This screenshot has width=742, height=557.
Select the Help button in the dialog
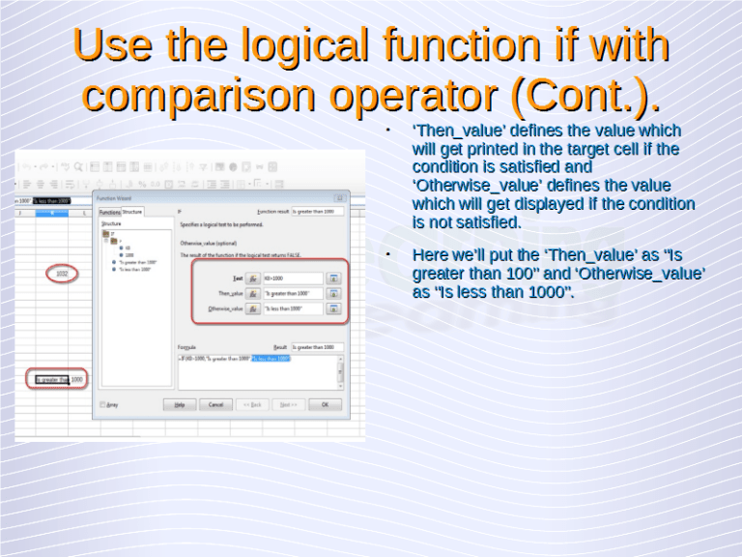tap(179, 404)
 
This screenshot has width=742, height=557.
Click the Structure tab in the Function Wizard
tap(132, 211)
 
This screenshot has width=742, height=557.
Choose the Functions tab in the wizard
tap(110, 211)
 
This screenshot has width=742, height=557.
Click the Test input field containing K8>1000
tap(292, 278)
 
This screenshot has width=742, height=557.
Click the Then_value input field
tap(292, 293)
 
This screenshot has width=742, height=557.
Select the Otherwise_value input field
tap(292, 308)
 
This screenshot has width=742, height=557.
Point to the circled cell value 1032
tap(61, 274)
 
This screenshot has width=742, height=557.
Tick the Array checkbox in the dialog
tap(103, 404)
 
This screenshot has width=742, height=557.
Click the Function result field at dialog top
tap(317, 211)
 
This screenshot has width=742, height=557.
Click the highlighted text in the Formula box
tap(271, 358)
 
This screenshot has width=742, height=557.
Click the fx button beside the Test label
tap(252, 278)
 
